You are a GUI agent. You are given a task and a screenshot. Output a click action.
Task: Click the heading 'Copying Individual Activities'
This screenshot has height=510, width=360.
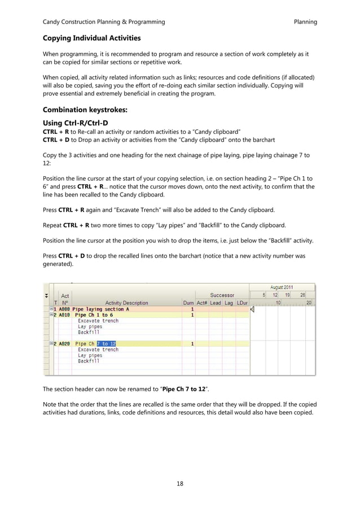[x=92, y=38]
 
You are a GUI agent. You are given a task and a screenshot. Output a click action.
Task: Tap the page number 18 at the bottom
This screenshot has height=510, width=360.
[x=180, y=483]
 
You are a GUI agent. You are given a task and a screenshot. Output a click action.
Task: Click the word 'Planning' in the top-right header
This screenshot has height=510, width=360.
[x=305, y=22]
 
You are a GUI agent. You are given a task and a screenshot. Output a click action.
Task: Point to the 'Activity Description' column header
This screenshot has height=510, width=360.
[x=126, y=303]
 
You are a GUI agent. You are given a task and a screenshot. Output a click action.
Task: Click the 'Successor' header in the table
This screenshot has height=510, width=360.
[x=222, y=295]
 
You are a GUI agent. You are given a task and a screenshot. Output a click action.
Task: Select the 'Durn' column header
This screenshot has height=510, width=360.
[x=188, y=303]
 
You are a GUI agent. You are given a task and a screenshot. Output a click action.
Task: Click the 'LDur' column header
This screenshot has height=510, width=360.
[x=242, y=303]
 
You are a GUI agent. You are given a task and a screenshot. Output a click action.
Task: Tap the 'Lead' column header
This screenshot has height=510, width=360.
[x=215, y=303]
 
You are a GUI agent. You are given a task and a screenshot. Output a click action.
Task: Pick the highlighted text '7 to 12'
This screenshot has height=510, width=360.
[x=106, y=343]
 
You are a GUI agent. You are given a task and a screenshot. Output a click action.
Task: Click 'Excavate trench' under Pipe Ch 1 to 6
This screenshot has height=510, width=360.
[x=98, y=321]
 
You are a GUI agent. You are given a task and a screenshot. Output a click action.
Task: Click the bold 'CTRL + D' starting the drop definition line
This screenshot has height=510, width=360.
[x=56, y=138]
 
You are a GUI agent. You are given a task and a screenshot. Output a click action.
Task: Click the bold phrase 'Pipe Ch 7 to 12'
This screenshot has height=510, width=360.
[x=183, y=389]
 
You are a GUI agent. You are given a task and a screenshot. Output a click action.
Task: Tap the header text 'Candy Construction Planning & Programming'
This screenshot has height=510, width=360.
[x=104, y=22]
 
